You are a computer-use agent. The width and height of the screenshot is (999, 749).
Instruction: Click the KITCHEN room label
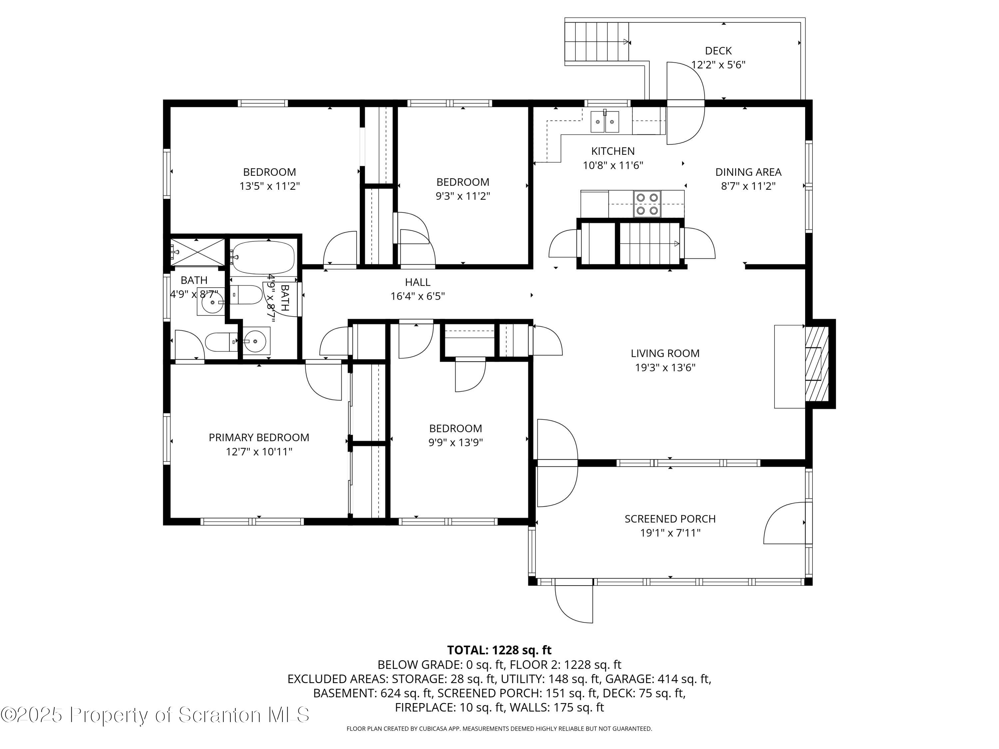pyautogui.click(x=613, y=151)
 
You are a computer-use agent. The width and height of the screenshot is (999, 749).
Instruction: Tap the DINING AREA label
pyautogui.click(x=748, y=172)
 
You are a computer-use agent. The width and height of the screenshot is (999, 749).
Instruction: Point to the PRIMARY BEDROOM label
pyautogui.click(x=259, y=437)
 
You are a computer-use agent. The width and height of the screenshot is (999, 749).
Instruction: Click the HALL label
pyautogui.click(x=418, y=283)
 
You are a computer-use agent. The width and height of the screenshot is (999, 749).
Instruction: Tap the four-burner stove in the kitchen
pyautogui.click(x=647, y=204)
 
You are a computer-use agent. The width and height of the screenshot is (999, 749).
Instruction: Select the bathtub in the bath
pyautogui.click(x=263, y=257)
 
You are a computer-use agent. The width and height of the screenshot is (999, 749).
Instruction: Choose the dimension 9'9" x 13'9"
pyautogui.click(x=456, y=442)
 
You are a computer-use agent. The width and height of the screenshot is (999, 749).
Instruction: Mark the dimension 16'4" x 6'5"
pyautogui.click(x=418, y=297)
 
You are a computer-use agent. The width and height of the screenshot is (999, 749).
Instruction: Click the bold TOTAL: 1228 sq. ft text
pyautogui.click(x=499, y=650)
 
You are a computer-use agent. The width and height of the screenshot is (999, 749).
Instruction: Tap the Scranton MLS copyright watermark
pyautogui.click(x=155, y=715)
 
